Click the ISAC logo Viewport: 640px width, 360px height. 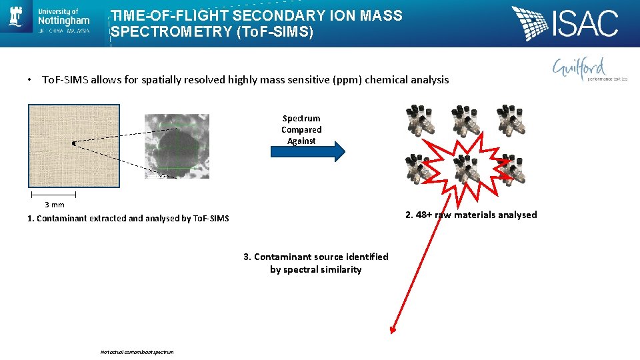565,23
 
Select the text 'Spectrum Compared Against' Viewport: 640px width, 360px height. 301,130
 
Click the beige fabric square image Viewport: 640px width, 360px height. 74,145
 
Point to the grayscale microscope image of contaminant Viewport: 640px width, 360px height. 177,145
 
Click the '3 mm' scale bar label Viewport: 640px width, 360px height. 54,205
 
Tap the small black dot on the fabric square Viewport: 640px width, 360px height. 73,143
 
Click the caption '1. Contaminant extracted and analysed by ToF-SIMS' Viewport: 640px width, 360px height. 128,219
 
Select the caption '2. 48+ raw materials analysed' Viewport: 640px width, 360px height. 471,215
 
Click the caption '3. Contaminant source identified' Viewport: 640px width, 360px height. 316,257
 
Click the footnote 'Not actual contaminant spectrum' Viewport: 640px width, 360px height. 137,352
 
